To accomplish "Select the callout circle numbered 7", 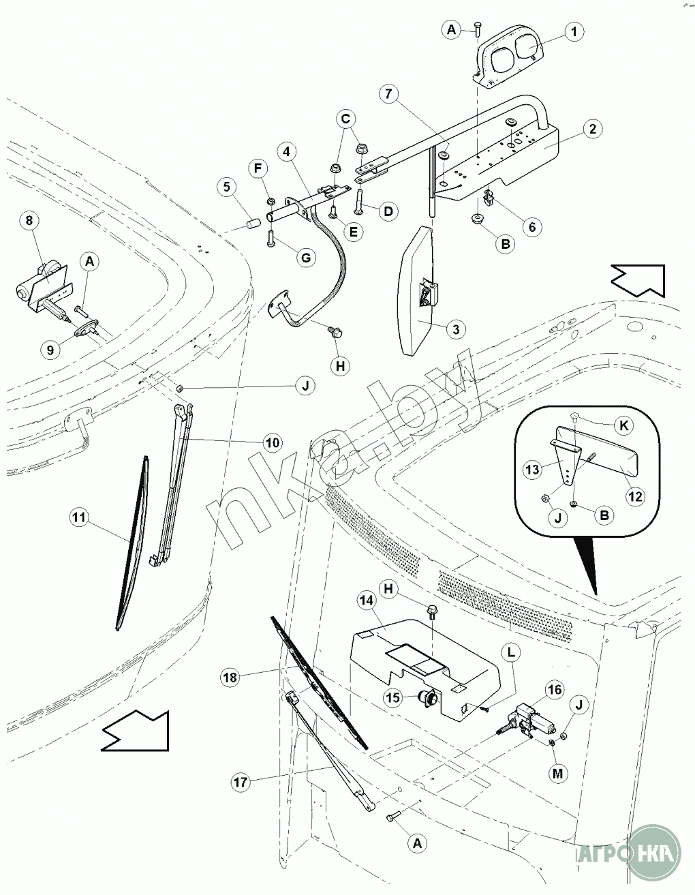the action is click(x=388, y=94).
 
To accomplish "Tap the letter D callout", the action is click(x=388, y=212).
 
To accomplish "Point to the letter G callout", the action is click(x=306, y=258).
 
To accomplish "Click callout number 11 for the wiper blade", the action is click(x=79, y=517).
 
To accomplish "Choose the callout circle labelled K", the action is click(x=623, y=426).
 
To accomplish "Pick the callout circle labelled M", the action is click(x=557, y=774).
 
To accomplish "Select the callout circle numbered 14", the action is click(x=366, y=601).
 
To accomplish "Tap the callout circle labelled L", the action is click(x=511, y=652).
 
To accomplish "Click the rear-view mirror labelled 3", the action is click(x=416, y=290).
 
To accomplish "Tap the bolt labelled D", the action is click(x=358, y=200).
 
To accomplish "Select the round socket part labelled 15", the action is click(x=428, y=697).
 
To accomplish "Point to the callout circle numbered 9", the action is click(x=50, y=350).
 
